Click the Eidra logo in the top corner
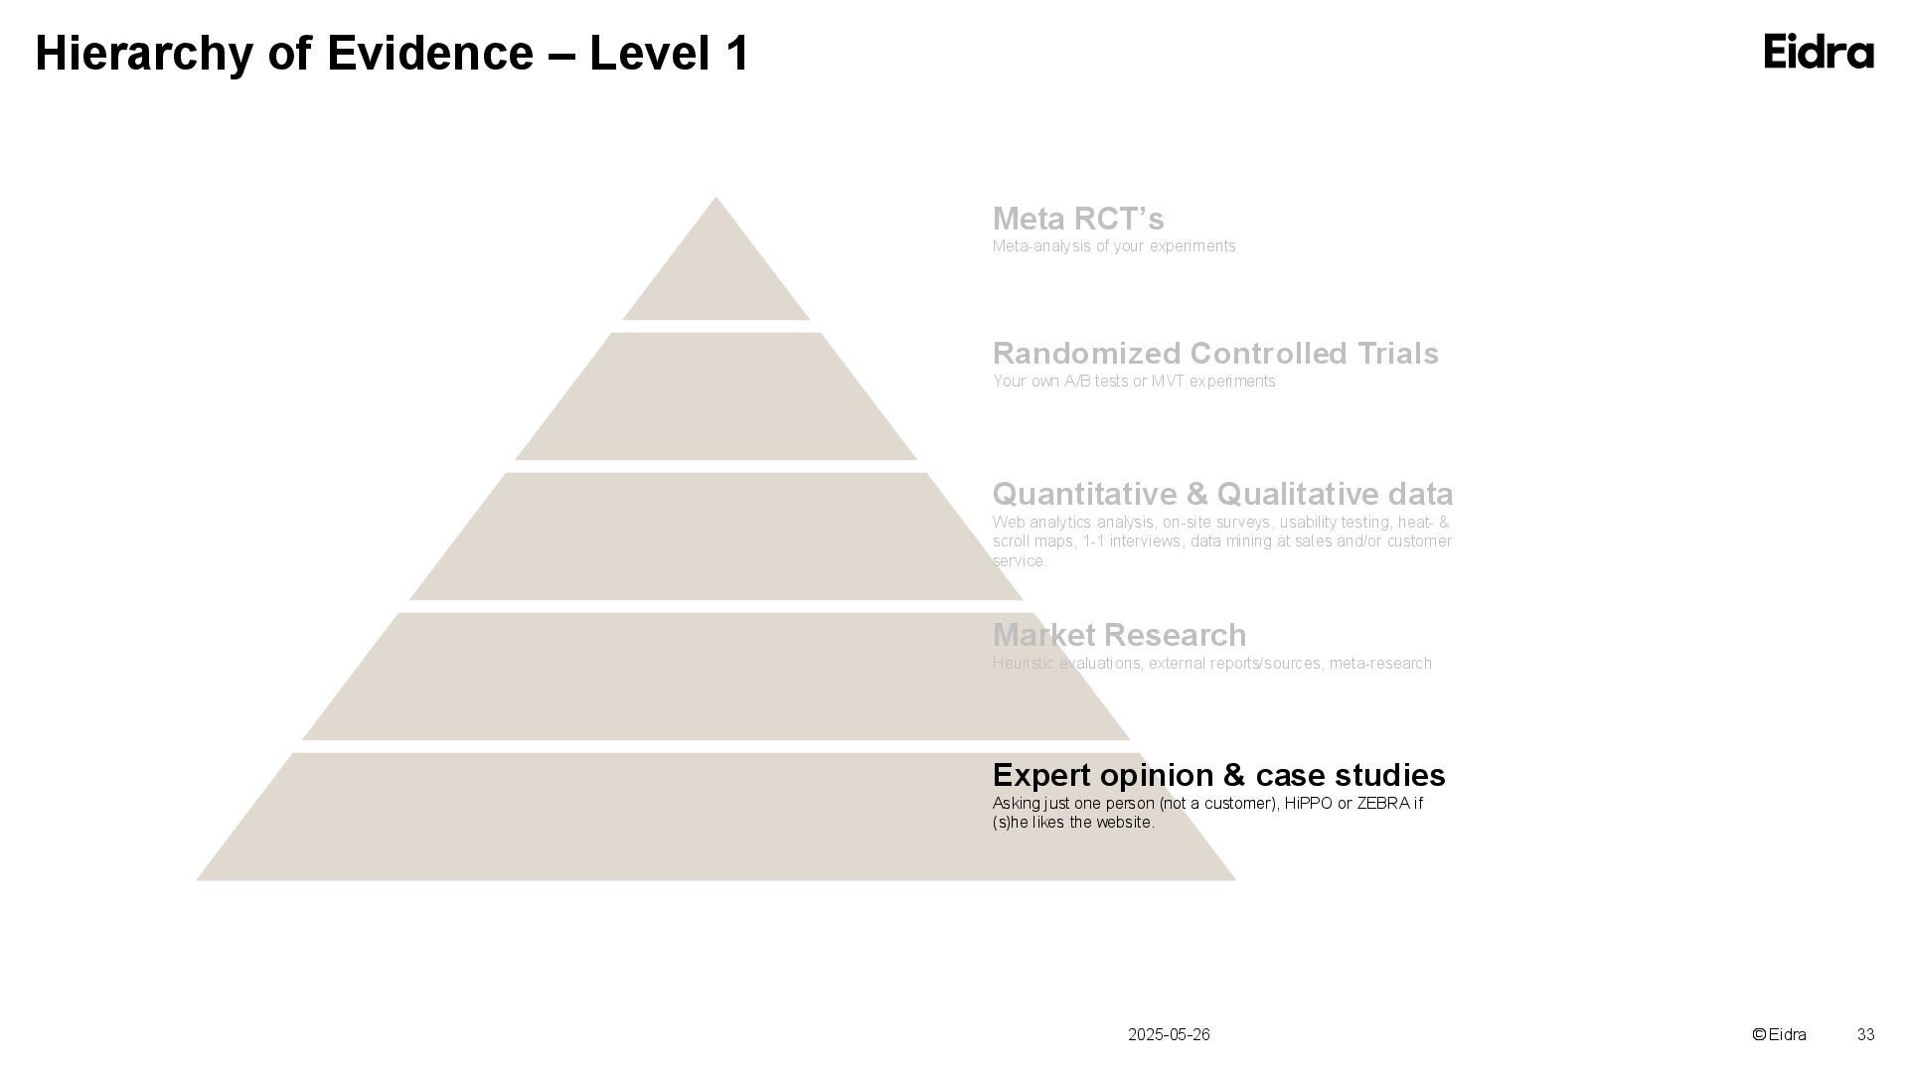(x=1818, y=52)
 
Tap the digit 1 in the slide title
(x=736, y=54)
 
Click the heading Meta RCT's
(x=1077, y=219)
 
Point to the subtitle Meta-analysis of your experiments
(x=1113, y=246)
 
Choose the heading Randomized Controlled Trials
(x=1214, y=354)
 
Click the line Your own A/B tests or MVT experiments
(x=1133, y=382)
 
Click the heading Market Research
(x=1119, y=635)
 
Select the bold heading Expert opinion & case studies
(x=1218, y=775)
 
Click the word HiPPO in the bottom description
(x=1308, y=803)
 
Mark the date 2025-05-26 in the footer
(x=1169, y=1035)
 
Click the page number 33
(x=1865, y=1035)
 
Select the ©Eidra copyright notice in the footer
(x=1779, y=1035)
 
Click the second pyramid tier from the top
(x=715, y=397)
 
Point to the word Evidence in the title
(x=429, y=54)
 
